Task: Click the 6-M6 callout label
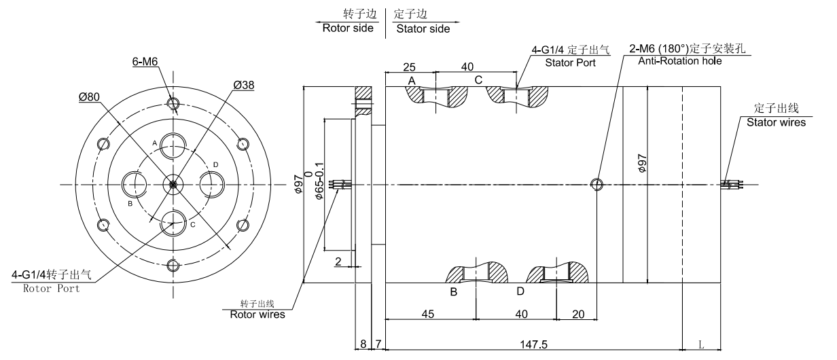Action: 144,62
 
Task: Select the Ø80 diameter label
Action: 90,96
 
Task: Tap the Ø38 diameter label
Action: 243,86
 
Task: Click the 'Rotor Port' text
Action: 52,288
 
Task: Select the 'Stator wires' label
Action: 776,122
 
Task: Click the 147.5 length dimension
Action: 533,344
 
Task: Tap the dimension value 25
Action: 409,67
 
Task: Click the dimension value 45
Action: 429,314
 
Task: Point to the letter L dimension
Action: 701,344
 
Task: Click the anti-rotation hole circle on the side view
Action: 597,184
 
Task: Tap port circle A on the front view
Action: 173,146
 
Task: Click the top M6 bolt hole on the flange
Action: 173,104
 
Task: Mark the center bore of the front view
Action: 173,184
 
